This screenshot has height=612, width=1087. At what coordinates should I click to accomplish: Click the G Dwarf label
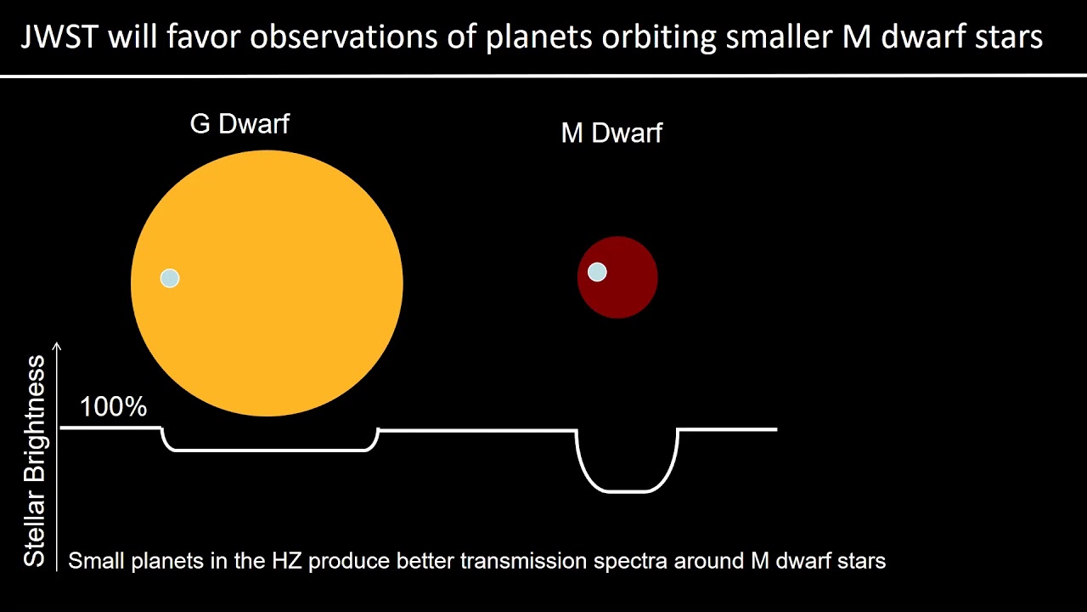[239, 124]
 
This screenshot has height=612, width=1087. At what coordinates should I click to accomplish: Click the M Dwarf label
[611, 133]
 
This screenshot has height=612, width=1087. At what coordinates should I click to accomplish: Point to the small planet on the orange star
[170, 278]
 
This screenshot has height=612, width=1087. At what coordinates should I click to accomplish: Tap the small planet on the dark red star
[597, 272]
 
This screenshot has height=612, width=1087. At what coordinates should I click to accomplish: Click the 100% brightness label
[113, 407]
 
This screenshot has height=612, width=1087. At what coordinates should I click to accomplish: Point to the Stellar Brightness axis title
[34, 461]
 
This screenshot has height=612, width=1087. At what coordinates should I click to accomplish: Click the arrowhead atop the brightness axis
[58, 346]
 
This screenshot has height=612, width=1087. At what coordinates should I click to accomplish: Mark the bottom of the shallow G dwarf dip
[270, 450]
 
